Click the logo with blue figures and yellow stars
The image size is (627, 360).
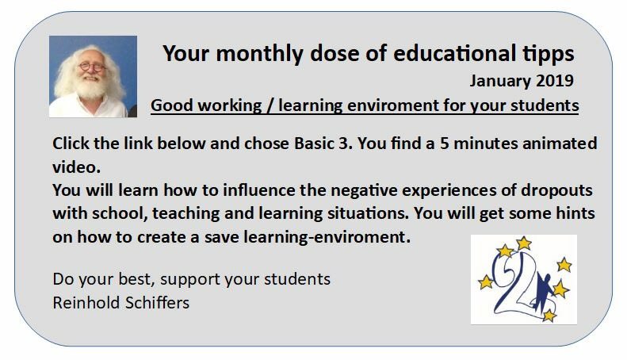523,279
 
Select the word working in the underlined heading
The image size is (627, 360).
226,105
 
